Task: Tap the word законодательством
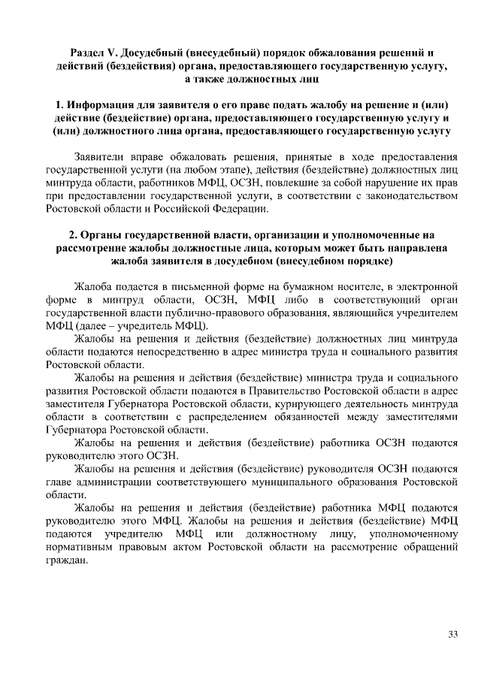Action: click(x=404, y=195)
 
